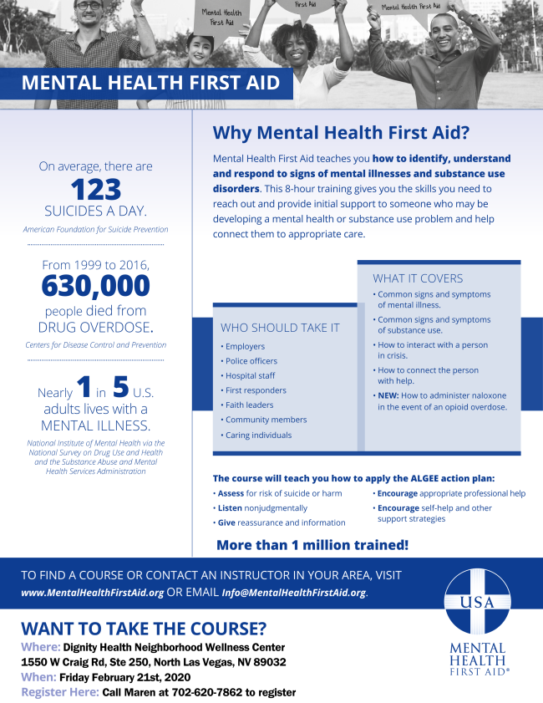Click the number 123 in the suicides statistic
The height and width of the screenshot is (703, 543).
(96, 188)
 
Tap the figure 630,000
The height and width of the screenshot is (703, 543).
(96, 286)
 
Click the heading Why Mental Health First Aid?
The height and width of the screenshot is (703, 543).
(341, 133)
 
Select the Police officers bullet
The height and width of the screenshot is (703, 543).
(251, 361)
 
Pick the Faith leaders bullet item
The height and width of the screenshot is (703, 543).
(249, 405)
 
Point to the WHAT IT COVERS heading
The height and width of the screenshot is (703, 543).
(418, 278)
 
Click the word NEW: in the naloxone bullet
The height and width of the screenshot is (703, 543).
(388, 395)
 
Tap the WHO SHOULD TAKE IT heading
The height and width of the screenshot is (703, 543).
(280, 328)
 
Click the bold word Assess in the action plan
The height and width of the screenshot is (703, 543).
(231, 493)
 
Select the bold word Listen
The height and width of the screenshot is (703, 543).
(230, 508)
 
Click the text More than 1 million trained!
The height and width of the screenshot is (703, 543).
(312, 545)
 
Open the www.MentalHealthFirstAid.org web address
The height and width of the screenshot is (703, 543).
(92, 593)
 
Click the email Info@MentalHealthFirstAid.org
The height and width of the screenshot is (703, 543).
(292, 593)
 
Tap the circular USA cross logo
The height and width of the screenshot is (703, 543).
(476, 601)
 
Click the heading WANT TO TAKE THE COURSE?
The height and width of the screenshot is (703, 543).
(144, 629)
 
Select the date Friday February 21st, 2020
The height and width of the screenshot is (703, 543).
(126, 677)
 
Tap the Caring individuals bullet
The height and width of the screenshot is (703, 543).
(258, 436)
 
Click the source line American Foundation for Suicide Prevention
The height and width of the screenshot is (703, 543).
(96, 229)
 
